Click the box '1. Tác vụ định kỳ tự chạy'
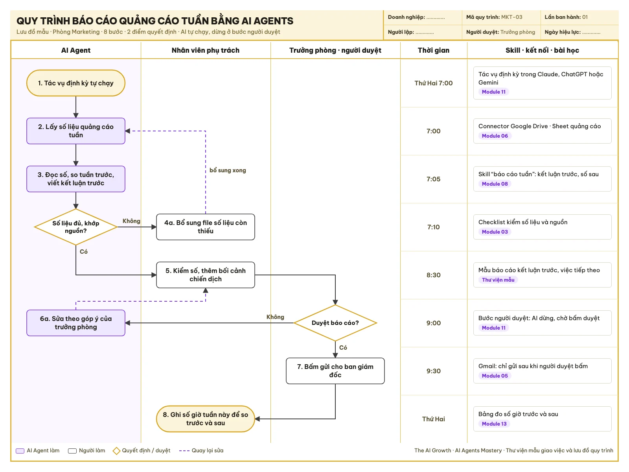(x=75, y=83)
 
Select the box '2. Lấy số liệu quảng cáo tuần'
(x=75, y=131)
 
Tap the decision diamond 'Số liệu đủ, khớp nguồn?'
(x=75, y=227)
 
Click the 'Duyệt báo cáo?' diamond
(x=335, y=323)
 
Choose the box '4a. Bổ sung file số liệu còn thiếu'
(x=206, y=227)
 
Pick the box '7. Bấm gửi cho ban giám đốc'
(x=335, y=371)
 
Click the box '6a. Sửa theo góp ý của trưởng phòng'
(x=75, y=323)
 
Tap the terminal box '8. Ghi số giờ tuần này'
(x=206, y=419)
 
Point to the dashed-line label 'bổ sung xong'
(x=228, y=170)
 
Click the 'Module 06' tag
(x=495, y=136)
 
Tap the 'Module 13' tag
(x=494, y=424)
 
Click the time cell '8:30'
(x=433, y=275)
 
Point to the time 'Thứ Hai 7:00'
(x=433, y=83)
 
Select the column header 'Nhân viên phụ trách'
(x=206, y=50)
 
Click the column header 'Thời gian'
(x=433, y=50)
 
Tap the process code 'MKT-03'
(x=511, y=17)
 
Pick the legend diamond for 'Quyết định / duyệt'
(x=116, y=451)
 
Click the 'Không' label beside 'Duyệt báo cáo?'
(x=275, y=317)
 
